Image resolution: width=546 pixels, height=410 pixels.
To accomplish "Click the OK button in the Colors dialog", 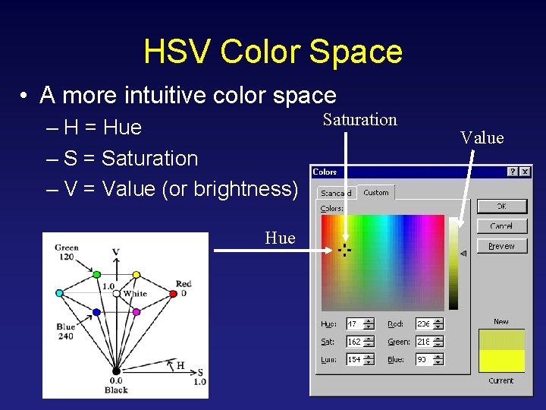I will click(501, 207).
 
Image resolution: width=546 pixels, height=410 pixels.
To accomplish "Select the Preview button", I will click(501, 246).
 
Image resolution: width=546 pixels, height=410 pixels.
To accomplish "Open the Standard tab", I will click(335, 193).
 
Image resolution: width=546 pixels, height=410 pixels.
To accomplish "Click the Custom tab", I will click(376, 193).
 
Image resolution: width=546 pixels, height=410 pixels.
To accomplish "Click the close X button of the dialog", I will click(525, 172).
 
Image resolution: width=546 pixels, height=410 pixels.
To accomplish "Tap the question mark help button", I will click(513, 172).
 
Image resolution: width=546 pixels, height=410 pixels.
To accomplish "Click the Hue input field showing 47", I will click(356, 324).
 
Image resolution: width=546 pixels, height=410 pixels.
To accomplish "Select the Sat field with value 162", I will click(356, 342).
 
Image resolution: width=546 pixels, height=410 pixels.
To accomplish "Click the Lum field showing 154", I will click(356, 360).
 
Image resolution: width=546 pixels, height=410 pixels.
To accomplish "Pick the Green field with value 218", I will click(425, 342).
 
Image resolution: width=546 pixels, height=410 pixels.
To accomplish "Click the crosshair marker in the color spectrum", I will click(344, 250).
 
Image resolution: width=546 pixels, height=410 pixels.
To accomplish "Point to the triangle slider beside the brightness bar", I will click(463, 254).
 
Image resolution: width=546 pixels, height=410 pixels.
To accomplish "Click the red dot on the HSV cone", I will click(174, 293).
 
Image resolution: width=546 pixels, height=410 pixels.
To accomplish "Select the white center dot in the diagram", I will click(116, 293).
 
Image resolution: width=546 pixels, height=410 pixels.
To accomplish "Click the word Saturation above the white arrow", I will click(359, 120).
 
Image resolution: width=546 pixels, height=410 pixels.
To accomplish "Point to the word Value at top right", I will click(482, 137).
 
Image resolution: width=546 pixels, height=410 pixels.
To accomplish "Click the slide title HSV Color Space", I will click(273, 52).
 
